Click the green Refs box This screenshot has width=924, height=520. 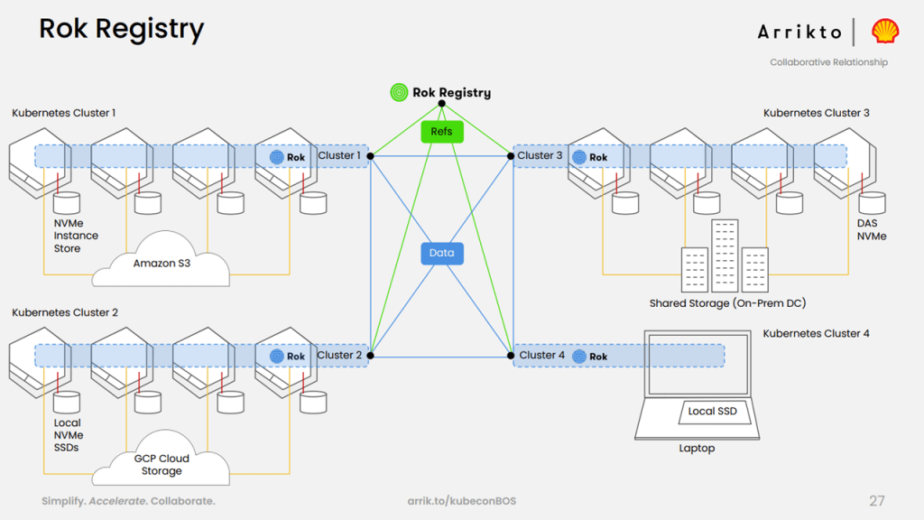[x=442, y=132]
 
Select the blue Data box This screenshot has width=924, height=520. [x=442, y=254]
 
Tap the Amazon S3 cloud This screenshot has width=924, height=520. [x=161, y=260]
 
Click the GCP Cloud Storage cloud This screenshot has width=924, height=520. [x=161, y=459]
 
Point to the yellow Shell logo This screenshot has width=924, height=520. [x=885, y=32]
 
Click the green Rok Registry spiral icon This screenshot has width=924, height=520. [x=399, y=93]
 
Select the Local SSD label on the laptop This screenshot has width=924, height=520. [x=713, y=412]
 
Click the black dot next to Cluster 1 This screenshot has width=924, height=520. [x=371, y=156]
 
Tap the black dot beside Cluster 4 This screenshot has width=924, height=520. [x=511, y=356]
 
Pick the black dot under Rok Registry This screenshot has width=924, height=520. [x=442, y=104]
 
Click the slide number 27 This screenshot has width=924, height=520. [x=877, y=501]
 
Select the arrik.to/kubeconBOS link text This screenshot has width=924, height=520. [x=461, y=501]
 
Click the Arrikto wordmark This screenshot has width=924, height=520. [x=799, y=32]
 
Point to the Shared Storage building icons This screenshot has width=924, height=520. [x=725, y=255]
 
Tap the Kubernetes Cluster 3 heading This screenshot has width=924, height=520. [x=816, y=113]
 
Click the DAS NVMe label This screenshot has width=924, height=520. [x=872, y=230]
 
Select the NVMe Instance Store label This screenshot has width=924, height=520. [x=76, y=236]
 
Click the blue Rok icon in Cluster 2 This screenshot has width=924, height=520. [x=276, y=356]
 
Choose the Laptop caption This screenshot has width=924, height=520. [x=697, y=448]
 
